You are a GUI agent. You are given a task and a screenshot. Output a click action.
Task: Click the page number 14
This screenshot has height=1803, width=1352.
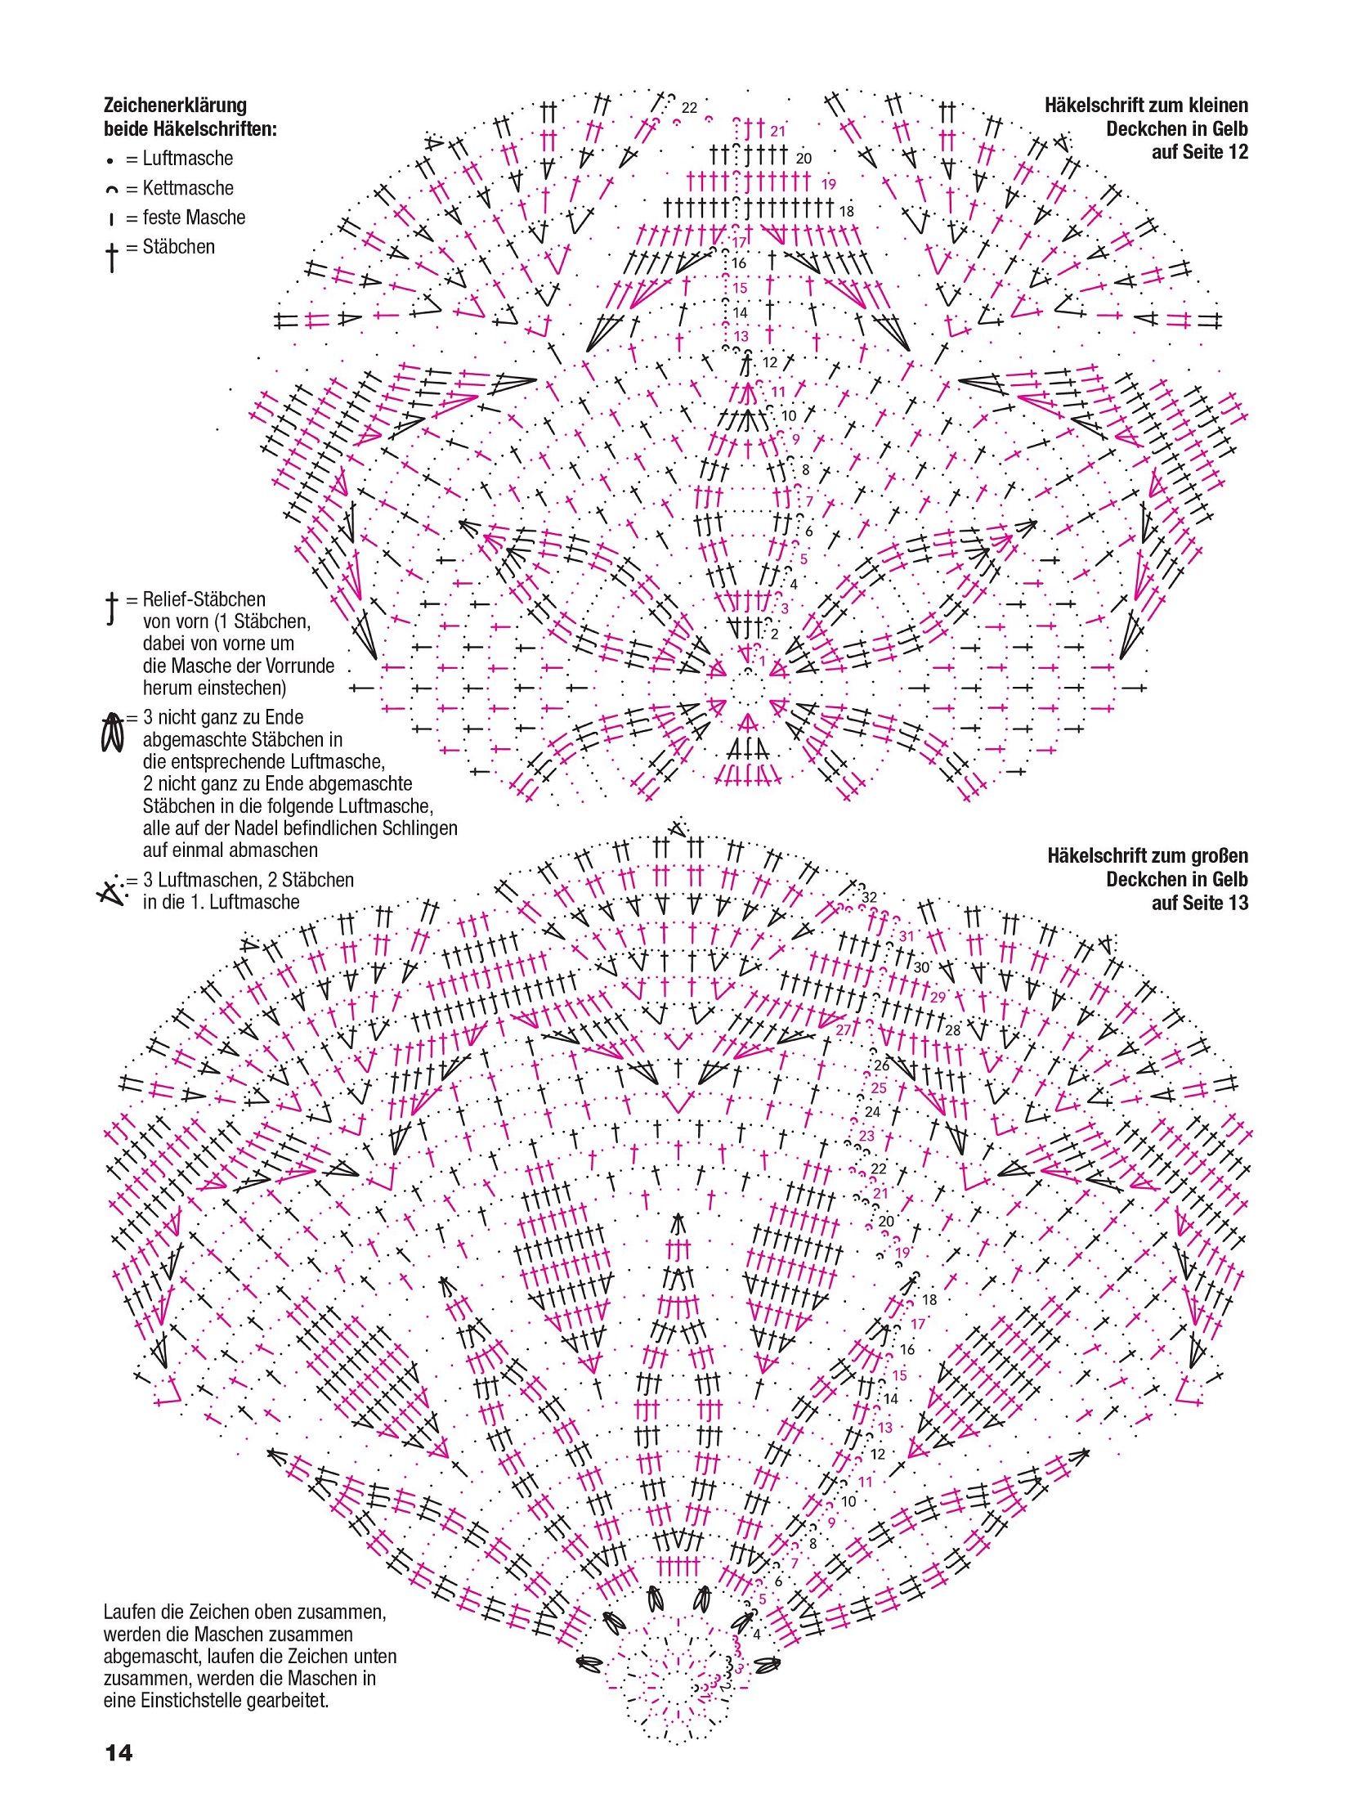119,1752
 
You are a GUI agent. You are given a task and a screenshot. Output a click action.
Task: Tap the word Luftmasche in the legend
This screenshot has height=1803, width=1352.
187,159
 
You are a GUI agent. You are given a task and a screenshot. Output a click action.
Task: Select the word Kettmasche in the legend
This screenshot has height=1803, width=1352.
187,188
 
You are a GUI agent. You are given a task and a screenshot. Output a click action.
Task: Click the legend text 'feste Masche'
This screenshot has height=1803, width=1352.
194,218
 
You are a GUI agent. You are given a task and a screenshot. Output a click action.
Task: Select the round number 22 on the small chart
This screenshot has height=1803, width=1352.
689,108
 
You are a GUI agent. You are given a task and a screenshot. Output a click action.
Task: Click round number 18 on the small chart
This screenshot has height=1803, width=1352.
846,211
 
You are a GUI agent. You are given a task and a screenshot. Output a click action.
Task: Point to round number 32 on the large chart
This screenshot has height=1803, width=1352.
869,897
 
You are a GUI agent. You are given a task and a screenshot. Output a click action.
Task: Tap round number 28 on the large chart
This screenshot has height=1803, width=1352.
952,1030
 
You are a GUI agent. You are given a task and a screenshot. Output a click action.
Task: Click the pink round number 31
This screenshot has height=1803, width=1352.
907,936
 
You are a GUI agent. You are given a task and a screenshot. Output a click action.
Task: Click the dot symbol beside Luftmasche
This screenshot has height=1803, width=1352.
110,161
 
